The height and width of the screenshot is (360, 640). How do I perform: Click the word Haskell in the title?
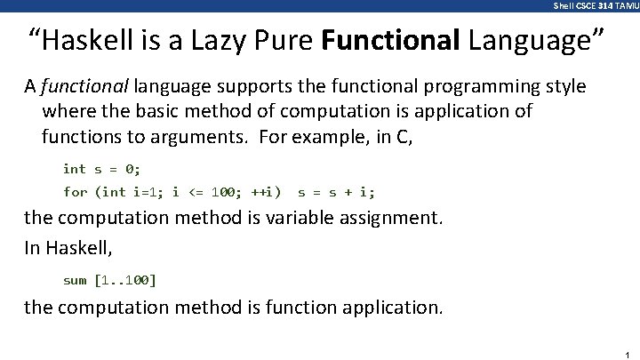pyautogui.click(x=85, y=40)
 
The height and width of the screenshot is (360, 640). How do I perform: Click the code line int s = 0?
pyautogui.click(x=101, y=168)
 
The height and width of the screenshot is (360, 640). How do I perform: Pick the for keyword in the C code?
pyautogui.click(x=75, y=191)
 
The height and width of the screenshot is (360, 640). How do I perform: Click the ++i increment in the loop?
pyautogui.click(x=265, y=191)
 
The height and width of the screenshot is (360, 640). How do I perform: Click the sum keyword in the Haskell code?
pyautogui.click(x=75, y=280)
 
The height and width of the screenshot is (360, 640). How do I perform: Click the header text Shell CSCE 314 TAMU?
pyautogui.click(x=595, y=5)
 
